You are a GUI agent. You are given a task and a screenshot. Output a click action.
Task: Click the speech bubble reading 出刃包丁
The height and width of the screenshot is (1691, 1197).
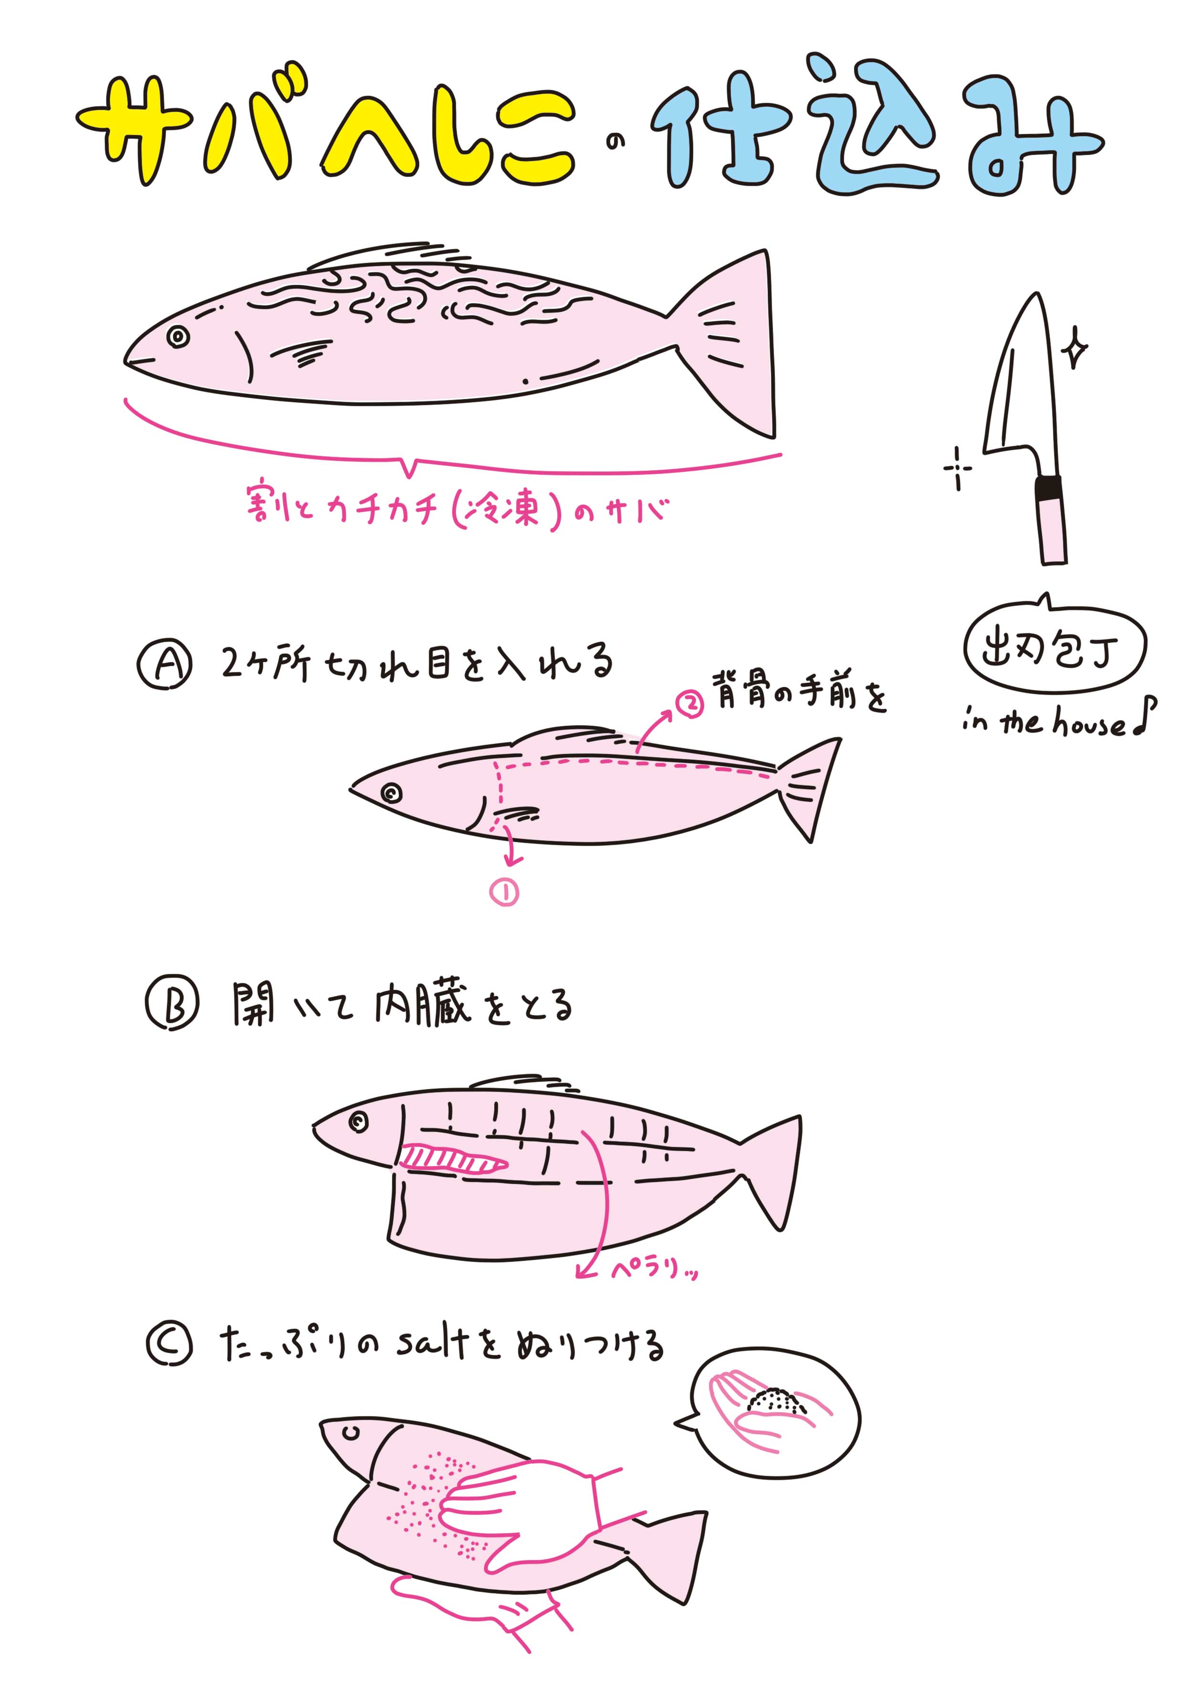pyautogui.click(x=1055, y=649)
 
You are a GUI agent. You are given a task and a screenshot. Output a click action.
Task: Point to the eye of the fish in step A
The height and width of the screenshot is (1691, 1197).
pyautogui.click(x=391, y=793)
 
